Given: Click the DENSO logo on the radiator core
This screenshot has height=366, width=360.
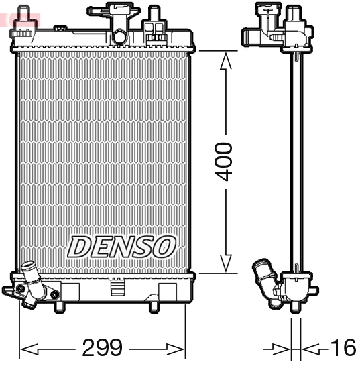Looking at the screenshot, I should [x=121, y=246].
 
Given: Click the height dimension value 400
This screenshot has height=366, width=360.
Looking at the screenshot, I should [x=227, y=162].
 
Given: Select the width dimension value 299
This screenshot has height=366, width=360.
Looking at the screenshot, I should [x=103, y=348].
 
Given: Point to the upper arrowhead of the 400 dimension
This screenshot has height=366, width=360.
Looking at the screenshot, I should [x=227, y=60].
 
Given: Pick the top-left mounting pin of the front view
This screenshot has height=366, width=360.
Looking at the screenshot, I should [x=24, y=15].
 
